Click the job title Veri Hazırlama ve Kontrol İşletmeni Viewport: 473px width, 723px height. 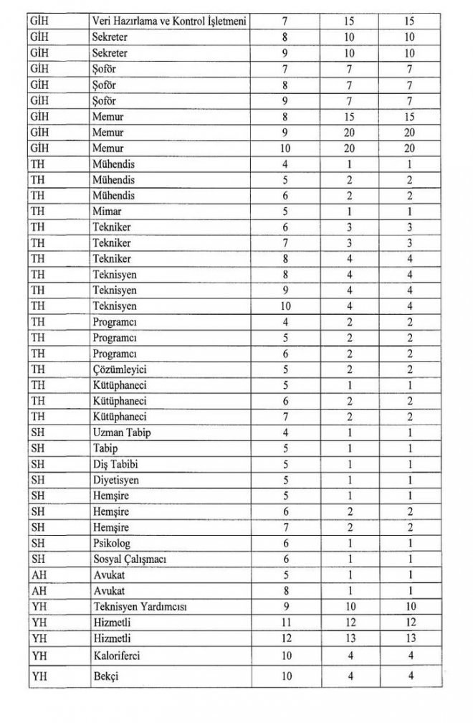[x=170, y=21]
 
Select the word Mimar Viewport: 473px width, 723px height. [x=107, y=210]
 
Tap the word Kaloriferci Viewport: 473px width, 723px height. [x=116, y=654]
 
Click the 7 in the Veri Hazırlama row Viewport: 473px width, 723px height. [x=286, y=21]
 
